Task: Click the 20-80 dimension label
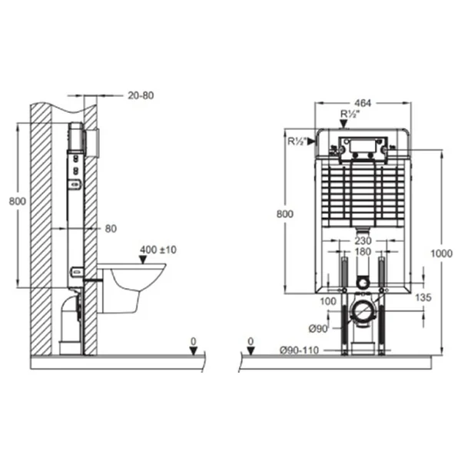coord(141,95)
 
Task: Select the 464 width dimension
coord(363,103)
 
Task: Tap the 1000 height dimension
coord(441,253)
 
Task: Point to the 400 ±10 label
coord(158,250)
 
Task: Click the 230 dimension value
coord(363,240)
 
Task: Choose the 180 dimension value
coord(363,252)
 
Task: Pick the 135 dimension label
coord(423,297)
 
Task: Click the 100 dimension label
coord(328,301)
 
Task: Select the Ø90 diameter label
coord(318,328)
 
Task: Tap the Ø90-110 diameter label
coord(299,350)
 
